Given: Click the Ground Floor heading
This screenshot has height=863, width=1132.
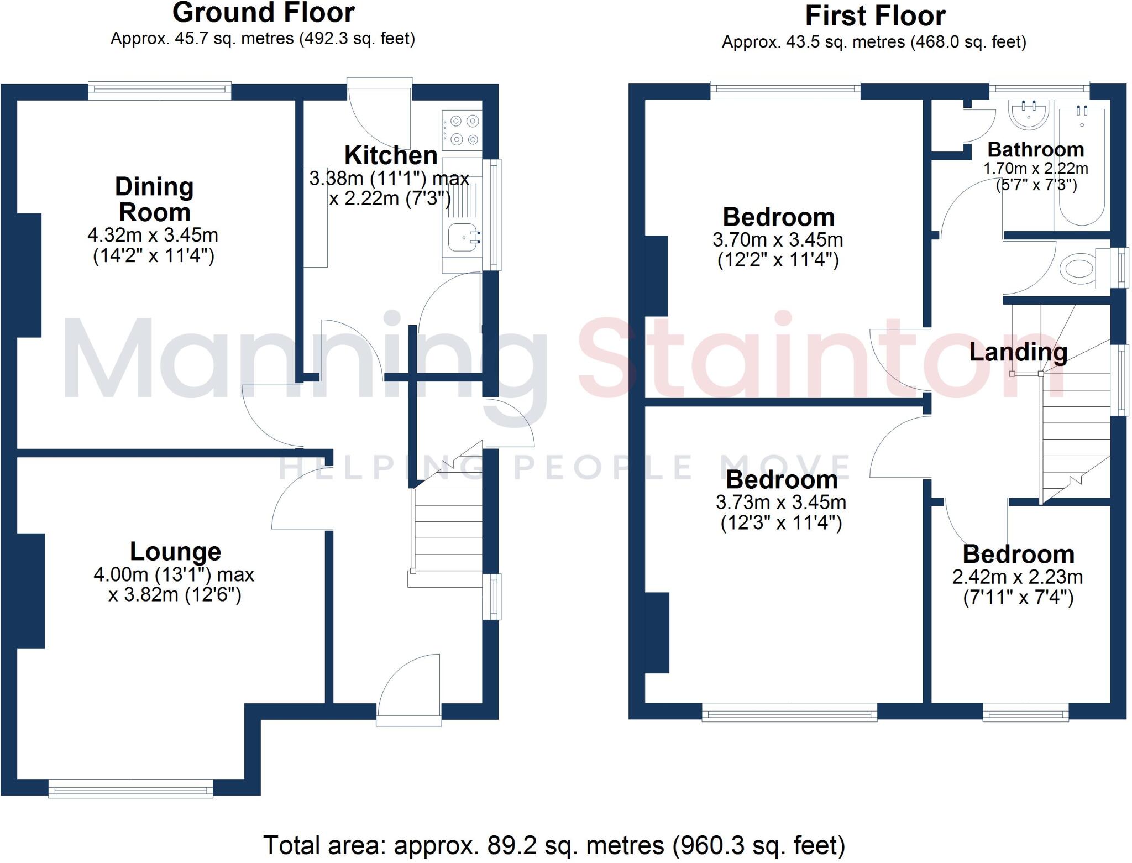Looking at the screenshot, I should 263,13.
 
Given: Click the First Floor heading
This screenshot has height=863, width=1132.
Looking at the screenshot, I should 874,16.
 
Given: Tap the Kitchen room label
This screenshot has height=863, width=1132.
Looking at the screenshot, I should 390,155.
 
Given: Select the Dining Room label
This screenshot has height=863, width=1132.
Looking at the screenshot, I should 154,199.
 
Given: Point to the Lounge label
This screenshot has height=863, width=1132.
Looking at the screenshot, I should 175,551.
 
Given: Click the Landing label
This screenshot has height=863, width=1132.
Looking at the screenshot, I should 1018,352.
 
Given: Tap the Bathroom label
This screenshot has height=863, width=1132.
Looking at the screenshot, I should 1035,150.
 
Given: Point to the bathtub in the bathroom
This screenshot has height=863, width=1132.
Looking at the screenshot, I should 1082,166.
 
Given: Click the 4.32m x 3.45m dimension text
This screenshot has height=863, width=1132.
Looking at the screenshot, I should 153,236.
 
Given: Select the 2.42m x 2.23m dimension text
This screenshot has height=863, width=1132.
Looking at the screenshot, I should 1017,577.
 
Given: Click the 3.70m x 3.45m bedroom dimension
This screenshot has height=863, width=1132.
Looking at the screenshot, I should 778,240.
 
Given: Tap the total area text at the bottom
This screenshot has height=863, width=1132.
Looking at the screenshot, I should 554,845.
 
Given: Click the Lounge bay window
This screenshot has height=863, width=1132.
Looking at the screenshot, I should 131,788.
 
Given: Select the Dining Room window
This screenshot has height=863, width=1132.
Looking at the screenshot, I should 160,91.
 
